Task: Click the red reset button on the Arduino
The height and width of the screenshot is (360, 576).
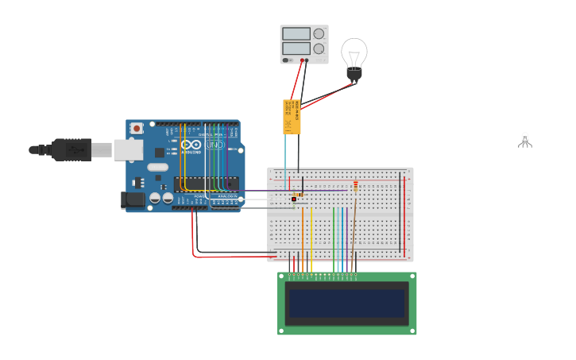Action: pyautogui.click(x=137, y=128)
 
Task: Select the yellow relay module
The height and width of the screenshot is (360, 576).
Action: pyautogui.click(x=292, y=116)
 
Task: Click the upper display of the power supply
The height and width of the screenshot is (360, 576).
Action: pyautogui.click(x=296, y=34)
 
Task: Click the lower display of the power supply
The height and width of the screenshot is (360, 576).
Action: pyautogui.click(x=296, y=48)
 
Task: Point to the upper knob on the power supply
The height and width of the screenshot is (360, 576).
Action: pyautogui.click(x=319, y=33)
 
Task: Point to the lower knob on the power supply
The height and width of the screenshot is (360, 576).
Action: pyautogui.click(x=319, y=48)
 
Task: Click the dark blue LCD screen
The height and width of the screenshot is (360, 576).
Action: pyautogui.click(x=346, y=303)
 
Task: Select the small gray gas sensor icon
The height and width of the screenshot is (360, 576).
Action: pyautogui.click(x=524, y=141)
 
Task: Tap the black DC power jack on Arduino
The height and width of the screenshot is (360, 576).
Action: pyautogui.click(x=133, y=200)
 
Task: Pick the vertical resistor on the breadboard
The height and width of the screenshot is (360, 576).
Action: pyautogui.click(x=355, y=187)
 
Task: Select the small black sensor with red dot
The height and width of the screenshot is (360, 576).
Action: pyautogui.click(x=294, y=199)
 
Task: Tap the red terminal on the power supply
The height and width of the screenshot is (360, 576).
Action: pyautogui.click(x=302, y=60)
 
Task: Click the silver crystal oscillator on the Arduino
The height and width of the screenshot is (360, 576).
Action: pyautogui.click(x=157, y=168)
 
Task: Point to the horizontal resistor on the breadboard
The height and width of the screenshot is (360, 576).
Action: pyautogui.click(x=297, y=194)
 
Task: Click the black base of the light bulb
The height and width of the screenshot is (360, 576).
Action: pyautogui.click(x=354, y=75)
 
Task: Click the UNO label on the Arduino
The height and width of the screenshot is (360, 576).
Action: pyautogui.click(x=214, y=145)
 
